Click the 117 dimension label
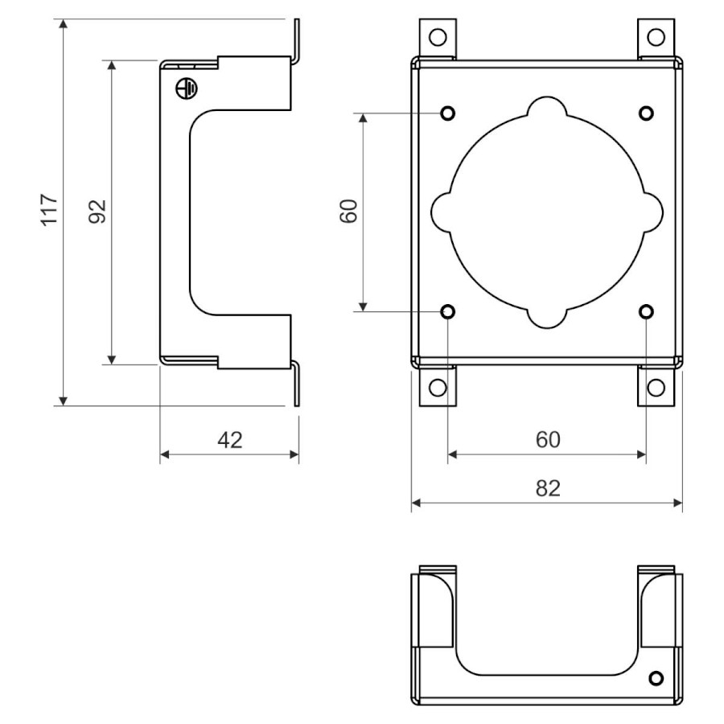click(x=50, y=210)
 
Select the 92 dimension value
click(x=97, y=212)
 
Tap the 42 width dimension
click(x=230, y=440)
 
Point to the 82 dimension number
click(x=548, y=488)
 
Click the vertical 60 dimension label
click(x=349, y=211)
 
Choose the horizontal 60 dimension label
click(x=548, y=439)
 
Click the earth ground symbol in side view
click(x=186, y=88)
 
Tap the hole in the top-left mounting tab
click(x=438, y=37)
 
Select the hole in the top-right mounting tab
click(x=656, y=37)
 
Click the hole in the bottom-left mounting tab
click(x=438, y=388)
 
